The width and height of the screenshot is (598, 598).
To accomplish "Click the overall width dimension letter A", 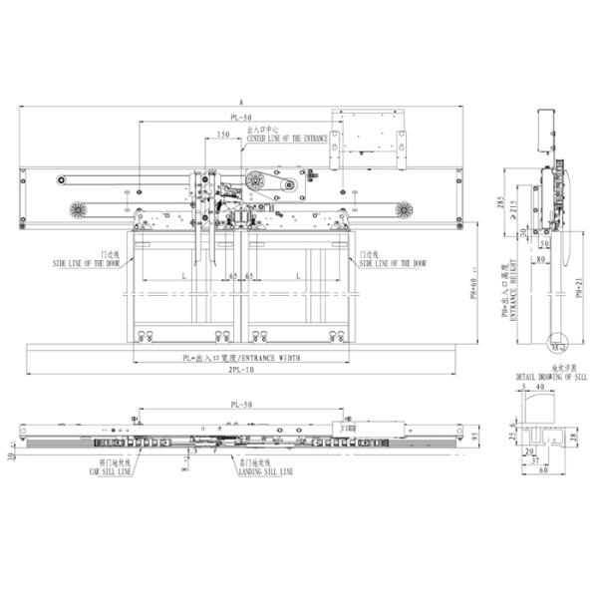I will click(241, 102).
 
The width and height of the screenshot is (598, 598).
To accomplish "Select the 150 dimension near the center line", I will click(223, 135).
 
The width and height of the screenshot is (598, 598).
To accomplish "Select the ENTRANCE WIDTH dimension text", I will click(240, 357).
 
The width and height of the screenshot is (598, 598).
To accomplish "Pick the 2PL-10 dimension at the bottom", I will click(240, 370).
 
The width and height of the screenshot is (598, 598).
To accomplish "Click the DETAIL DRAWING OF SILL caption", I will click(544, 377).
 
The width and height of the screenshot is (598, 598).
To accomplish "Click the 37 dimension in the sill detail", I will click(535, 460).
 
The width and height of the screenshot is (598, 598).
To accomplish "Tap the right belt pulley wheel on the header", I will click(404, 210).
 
